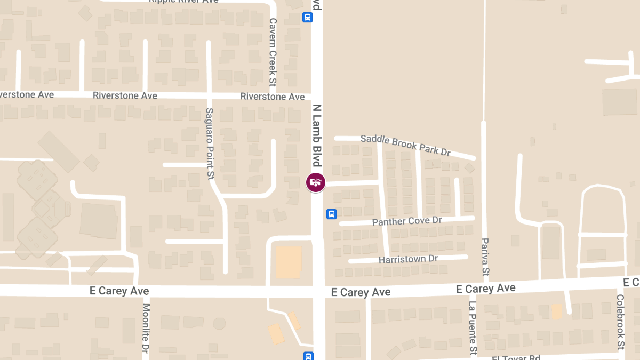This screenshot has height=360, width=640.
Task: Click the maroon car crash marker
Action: coord(315,182)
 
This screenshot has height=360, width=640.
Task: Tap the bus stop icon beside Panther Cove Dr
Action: coord(331,214)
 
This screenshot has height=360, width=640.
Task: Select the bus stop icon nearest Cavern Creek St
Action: coord(308,17)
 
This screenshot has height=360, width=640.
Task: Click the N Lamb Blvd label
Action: coord(317,135)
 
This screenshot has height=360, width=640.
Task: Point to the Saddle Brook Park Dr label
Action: coord(405,145)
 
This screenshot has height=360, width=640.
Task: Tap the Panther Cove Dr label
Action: coord(407,221)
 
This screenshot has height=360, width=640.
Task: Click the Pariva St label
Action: coord(485,257)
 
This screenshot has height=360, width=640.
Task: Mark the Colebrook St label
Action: coord(620,322)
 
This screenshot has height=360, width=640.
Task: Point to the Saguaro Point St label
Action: coord(210,143)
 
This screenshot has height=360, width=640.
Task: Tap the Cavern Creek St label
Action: coord(273,53)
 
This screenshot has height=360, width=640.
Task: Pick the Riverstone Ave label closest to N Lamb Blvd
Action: coord(272,97)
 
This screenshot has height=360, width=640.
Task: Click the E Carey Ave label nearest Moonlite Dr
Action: coord(119,291)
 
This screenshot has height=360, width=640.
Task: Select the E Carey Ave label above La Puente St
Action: coord(486,289)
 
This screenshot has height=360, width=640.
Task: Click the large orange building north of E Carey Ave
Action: coord(289,262)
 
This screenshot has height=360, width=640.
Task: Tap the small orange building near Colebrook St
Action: coord(556,311)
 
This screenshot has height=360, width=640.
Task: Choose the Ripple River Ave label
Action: coord(183,2)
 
